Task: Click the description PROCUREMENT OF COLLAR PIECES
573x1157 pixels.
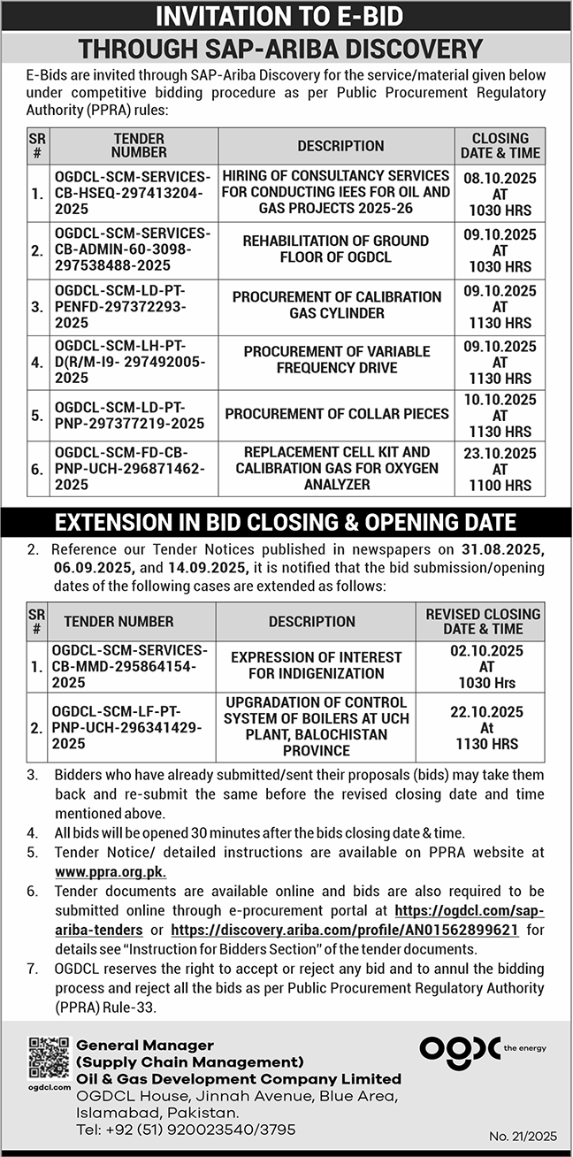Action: click(337, 414)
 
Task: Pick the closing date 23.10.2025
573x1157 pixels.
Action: click(500, 454)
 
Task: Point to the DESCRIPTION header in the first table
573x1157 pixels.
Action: click(340, 146)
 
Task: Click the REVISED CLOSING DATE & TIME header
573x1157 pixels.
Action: click(483, 621)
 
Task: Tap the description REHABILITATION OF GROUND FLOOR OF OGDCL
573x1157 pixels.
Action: click(336, 249)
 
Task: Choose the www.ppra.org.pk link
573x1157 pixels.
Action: click(110, 870)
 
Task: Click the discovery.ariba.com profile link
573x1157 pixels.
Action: click(344, 931)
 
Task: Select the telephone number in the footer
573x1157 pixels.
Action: click(186, 1130)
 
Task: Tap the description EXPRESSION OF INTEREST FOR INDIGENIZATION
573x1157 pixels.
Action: click(317, 665)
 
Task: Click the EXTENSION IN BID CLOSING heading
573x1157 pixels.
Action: click(286, 523)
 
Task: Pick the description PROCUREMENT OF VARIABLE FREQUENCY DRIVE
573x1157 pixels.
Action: click(337, 360)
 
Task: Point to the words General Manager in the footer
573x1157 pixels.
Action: click(145, 1046)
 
